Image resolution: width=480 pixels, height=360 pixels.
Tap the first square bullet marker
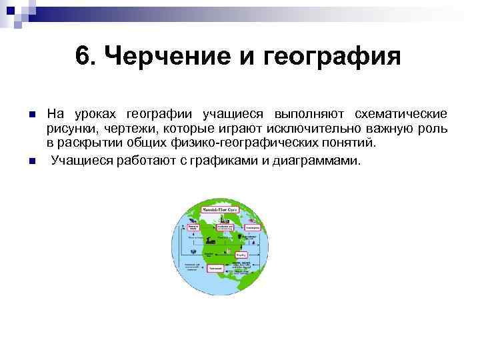31,115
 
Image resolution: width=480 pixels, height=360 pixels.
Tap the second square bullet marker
31,161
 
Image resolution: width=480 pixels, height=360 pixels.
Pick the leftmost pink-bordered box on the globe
193,227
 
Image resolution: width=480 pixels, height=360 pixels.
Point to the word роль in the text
434,129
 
